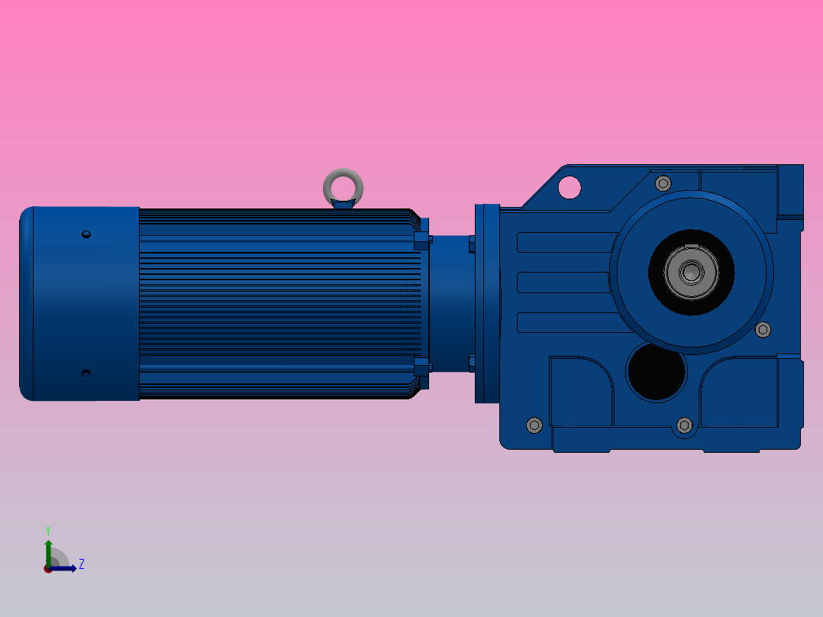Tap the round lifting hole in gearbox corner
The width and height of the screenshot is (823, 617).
tap(569, 186)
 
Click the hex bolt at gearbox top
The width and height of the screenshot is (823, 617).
tap(663, 183)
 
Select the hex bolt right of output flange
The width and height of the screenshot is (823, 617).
tap(762, 329)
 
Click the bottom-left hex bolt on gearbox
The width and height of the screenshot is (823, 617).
tap(534, 425)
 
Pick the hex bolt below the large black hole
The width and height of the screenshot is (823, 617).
tap(683, 425)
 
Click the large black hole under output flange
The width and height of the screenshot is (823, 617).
tap(656, 372)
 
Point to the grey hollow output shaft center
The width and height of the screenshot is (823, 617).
tap(691, 271)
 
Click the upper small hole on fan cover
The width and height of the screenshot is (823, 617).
tap(86, 234)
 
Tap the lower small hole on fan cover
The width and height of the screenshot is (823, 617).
tap(86, 373)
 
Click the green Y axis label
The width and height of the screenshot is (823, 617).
tap(47, 530)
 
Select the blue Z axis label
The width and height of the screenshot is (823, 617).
tap(81, 564)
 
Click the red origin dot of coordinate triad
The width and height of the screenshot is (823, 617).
tap(48, 569)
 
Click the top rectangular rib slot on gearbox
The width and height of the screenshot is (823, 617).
tap(565, 242)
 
